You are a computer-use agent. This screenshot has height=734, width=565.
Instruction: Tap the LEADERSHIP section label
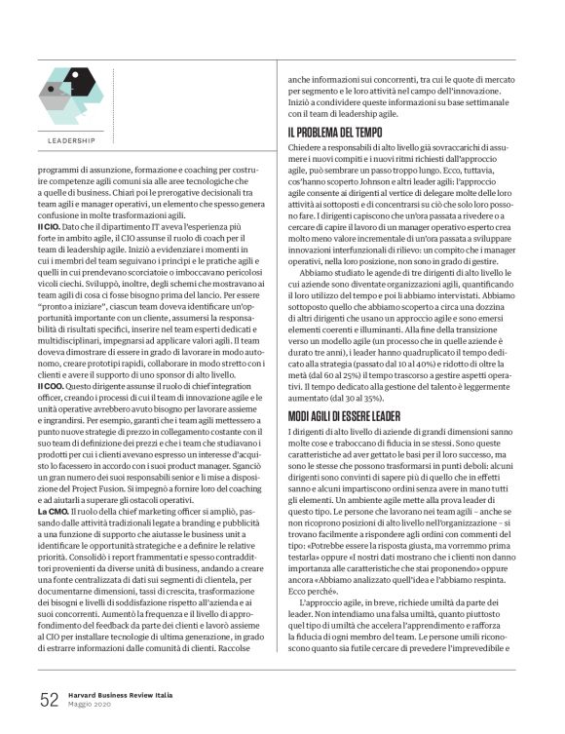coord(71,140)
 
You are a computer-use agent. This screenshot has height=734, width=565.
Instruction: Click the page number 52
coord(49,698)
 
